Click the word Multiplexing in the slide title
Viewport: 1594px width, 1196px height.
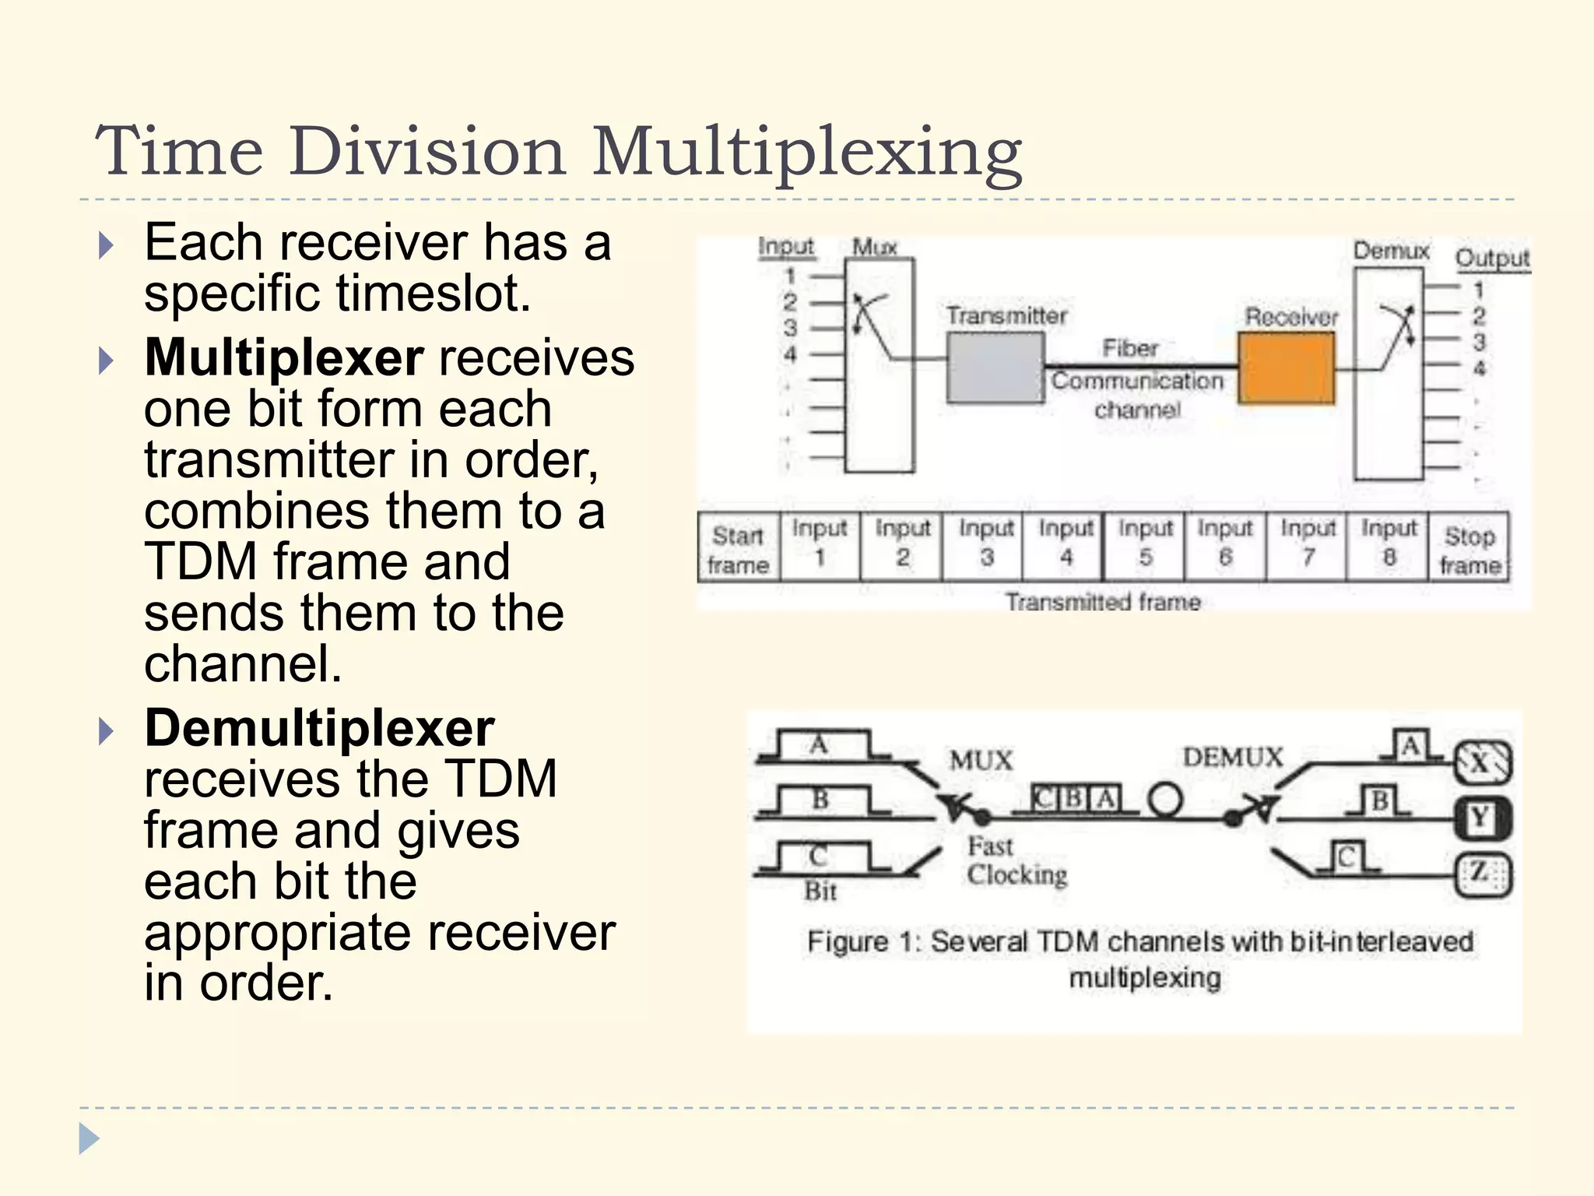pyautogui.click(x=806, y=152)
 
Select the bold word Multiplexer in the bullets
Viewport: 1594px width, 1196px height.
pyautogui.click(x=284, y=357)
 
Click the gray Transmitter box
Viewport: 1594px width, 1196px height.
pyautogui.click(x=995, y=368)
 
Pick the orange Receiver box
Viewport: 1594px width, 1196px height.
pyautogui.click(x=1286, y=368)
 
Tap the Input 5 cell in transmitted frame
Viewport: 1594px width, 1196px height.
pyautogui.click(x=1144, y=544)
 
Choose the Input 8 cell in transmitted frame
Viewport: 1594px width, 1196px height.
pyautogui.click(x=1388, y=544)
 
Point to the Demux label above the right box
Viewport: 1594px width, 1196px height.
pyautogui.click(x=1391, y=251)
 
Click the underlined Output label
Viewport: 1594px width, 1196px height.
pyautogui.click(x=1491, y=259)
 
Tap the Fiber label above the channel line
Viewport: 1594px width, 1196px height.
pyautogui.click(x=1130, y=348)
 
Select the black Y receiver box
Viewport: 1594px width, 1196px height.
pyautogui.click(x=1481, y=818)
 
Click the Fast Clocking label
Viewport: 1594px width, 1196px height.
pyautogui.click(x=1015, y=860)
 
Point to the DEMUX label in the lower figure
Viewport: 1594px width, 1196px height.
pyautogui.click(x=1232, y=757)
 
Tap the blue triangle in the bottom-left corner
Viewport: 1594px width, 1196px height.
pyautogui.click(x=89, y=1139)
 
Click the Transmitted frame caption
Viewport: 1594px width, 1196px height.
pyautogui.click(x=1102, y=602)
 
